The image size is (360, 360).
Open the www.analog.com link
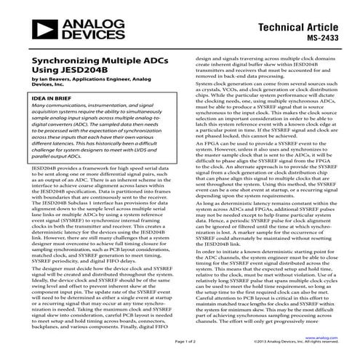[325, 338]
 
